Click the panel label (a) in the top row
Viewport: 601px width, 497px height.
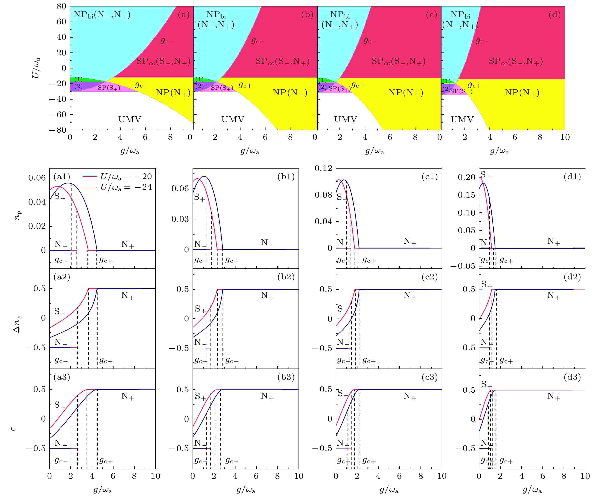(183, 15)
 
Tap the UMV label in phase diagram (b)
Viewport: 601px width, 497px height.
(233, 119)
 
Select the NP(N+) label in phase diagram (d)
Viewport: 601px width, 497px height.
(522, 93)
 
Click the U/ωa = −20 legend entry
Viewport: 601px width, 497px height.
(126, 177)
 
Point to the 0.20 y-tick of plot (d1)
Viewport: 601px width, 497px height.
(466, 177)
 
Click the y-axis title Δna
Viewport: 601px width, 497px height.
(17, 324)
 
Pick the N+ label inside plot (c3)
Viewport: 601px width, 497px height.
(410, 396)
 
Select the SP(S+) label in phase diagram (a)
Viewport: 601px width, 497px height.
(109, 88)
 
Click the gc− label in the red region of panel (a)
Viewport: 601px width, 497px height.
(167, 41)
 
